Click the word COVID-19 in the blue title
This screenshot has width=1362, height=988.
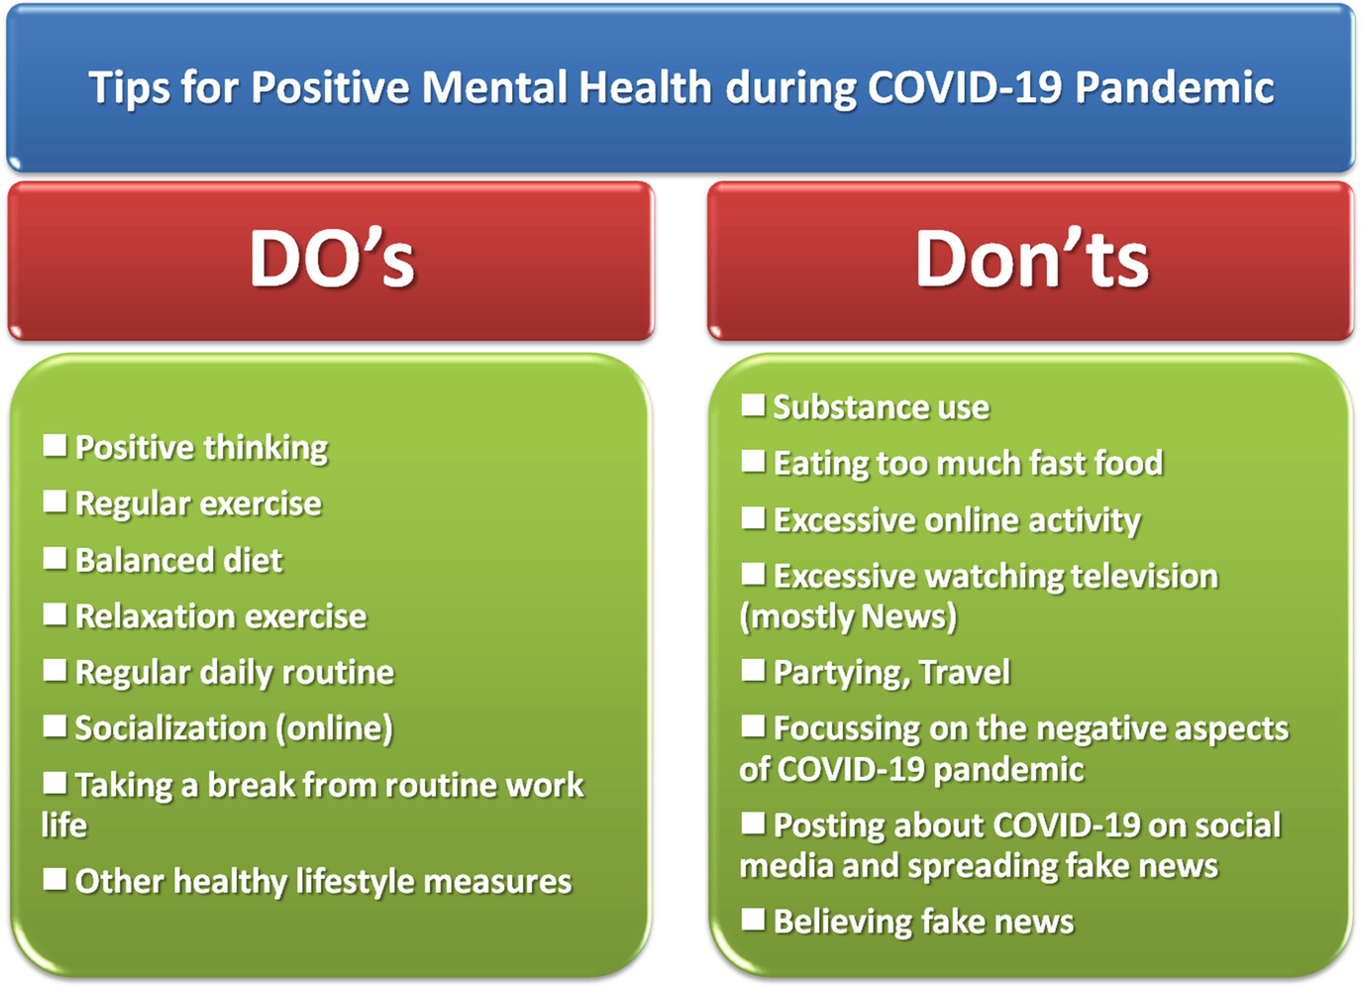coord(965,87)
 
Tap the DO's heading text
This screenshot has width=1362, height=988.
coord(332,259)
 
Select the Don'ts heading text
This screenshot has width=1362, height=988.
coord(1032,259)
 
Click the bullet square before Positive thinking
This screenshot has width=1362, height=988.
coord(54,445)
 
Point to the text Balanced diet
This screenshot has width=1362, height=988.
coord(178,560)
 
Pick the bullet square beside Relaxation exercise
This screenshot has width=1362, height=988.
coord(54,614)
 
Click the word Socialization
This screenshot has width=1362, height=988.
coord(170,727)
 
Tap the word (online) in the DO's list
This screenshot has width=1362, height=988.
coord(335,728)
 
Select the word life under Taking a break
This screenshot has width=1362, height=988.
coord(63,824)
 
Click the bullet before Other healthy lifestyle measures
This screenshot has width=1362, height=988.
coord(54,879)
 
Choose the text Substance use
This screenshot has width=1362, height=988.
coord(881,407)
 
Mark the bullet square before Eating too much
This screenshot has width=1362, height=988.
coord(753,461)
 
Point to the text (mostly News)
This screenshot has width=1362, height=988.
coord(848,616)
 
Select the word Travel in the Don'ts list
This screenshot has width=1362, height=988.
coord(965,672)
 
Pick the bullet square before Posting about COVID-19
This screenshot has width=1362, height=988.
coord(753,823)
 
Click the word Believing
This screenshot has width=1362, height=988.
coord(843,922)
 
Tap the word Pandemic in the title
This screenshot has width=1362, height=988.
coord(1175,87)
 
